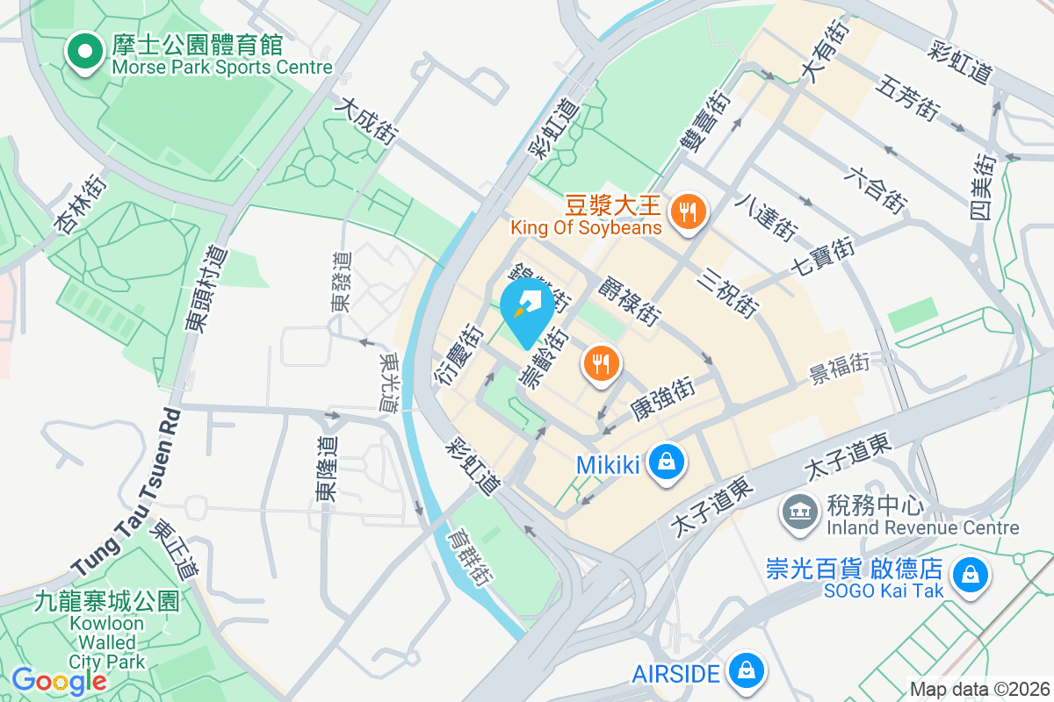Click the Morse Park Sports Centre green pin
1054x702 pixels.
(x=83, y=51)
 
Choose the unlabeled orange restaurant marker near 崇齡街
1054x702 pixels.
(x=602, y=364)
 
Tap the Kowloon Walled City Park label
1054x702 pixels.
(x=107, y=630)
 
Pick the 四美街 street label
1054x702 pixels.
(x=984, y=186)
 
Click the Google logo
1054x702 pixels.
(x=58, y=680)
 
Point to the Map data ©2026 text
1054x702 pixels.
(x=979, y=690)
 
